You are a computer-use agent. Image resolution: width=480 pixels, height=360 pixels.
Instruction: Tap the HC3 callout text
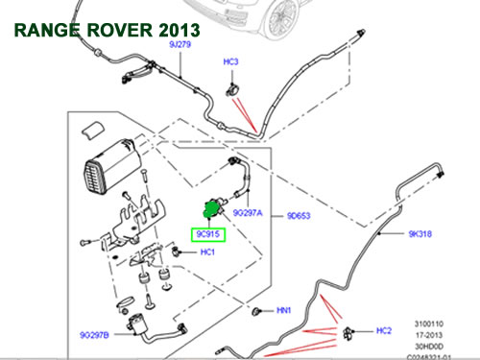pos(230,61)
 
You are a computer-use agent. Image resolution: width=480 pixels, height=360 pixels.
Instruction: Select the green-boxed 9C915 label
pos(207,233)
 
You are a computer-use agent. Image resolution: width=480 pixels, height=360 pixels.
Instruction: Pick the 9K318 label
pos(421,233)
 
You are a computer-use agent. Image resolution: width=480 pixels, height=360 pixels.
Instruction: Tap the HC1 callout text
pos(207,252)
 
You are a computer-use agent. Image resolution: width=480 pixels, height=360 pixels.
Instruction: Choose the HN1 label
pos(284,311)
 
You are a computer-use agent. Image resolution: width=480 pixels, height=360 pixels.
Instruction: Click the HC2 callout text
pos(384,331)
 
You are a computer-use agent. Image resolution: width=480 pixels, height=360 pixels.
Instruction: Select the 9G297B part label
pos(95,335)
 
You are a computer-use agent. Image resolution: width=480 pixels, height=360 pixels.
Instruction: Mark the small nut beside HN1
pos(258,311)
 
